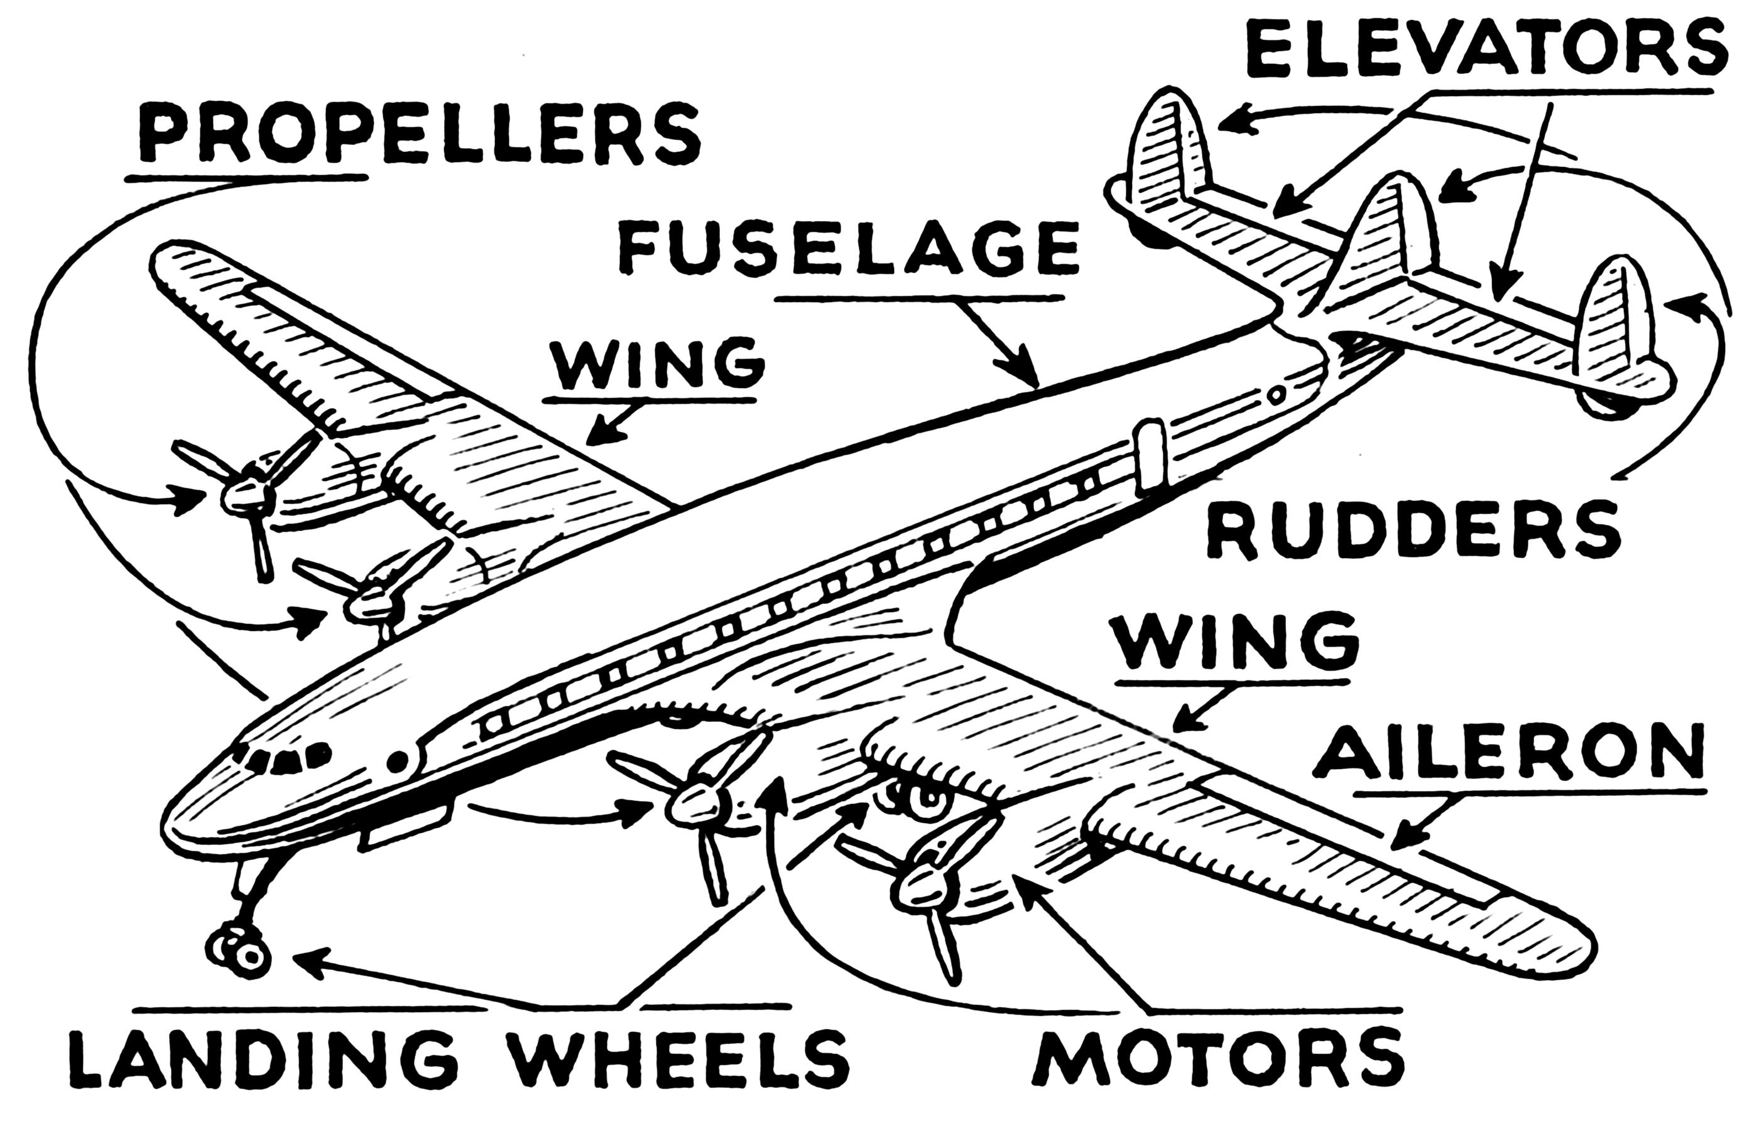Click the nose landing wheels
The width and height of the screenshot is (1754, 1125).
(x=237, y=949)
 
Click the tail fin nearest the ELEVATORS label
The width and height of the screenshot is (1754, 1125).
(x=1166, y=143)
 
